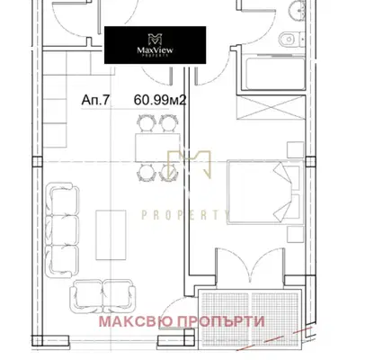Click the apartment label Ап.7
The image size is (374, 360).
click(95, 100)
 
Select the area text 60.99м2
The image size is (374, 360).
click(160, 100)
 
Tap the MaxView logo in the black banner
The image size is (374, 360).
click(155, 45)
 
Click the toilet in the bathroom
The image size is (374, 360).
click(289, 39)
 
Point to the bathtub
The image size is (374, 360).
click(275, 74)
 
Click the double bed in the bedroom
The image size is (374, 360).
click(264, 192)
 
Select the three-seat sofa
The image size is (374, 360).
click(62, 230)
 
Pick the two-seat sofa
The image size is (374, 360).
click(102, 296)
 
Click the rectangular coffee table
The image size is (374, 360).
click(111, 235)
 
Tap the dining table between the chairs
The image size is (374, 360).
click(157, 148)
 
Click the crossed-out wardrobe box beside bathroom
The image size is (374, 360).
click(271, 108)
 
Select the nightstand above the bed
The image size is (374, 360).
click(296, 149)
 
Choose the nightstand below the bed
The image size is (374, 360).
click(296, 234)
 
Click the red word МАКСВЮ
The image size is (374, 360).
click(137, 321)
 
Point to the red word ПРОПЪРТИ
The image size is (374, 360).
click(221, 321)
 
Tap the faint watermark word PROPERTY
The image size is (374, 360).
click(186, 215)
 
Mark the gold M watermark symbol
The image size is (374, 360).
click(189, 165)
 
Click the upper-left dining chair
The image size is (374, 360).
click(147, 123)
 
